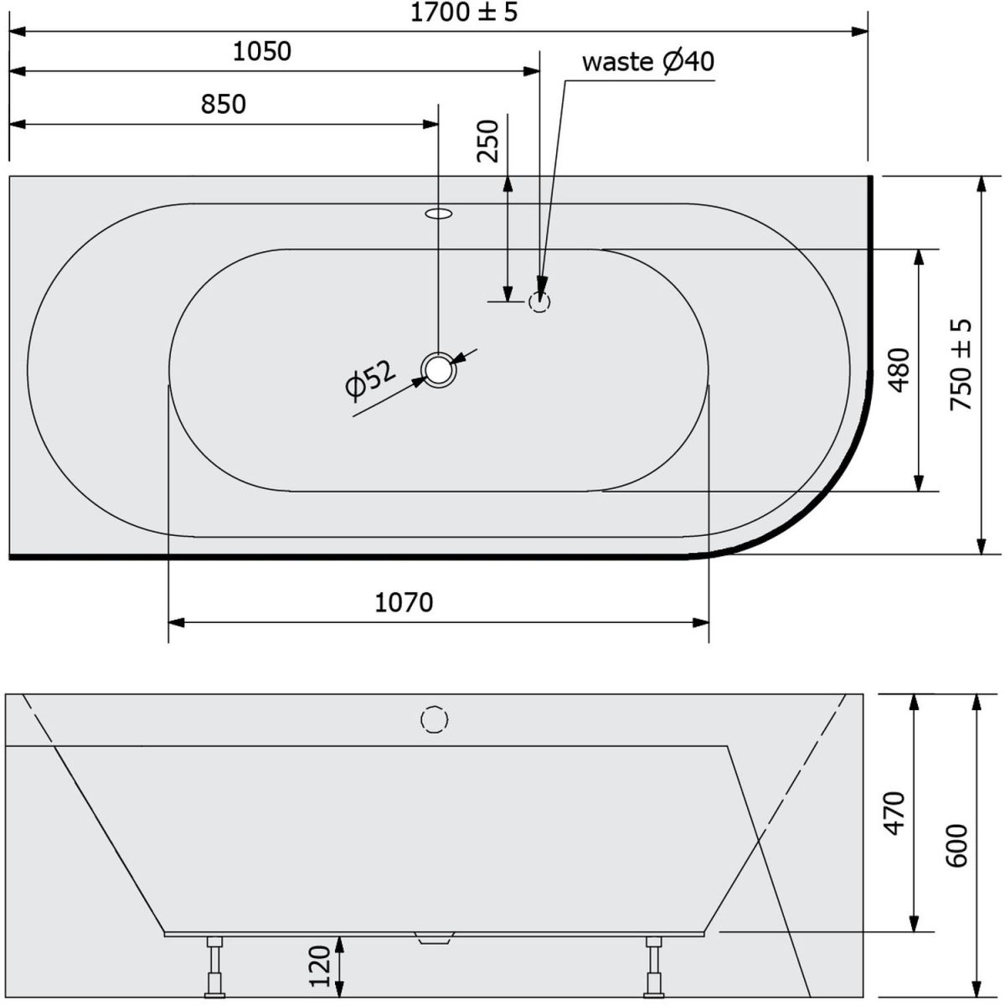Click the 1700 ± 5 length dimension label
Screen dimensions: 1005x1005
[x=464, y=13]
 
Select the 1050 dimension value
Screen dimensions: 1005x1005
[x=262, y=52]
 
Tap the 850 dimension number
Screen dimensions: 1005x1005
[x=224, y=105]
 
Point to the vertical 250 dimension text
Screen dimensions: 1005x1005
[x=487, y=141]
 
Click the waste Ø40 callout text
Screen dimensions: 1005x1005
[x=647, y=62]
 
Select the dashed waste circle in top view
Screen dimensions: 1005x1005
[x=539, y=301]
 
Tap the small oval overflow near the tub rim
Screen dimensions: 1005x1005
[x=439, y=213]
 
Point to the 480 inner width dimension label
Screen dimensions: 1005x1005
[x=899, y=370]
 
